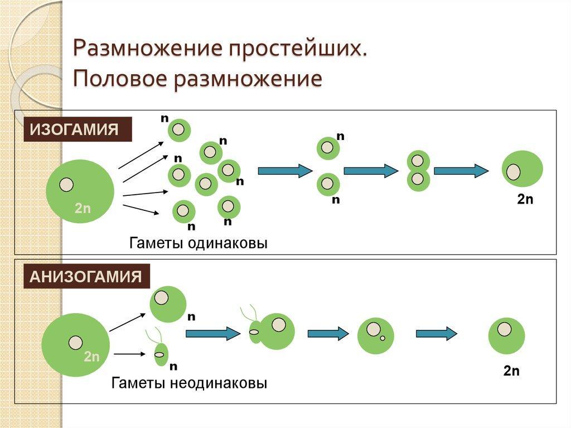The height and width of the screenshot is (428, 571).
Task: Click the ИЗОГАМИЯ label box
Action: (77, 130)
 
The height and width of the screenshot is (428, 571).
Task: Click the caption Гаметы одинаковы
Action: (199, 244)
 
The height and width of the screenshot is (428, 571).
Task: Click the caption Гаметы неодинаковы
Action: (189, 383)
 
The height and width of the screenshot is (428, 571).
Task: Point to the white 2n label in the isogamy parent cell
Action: (83, 209)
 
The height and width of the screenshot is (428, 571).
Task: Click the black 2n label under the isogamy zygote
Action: (525, 199)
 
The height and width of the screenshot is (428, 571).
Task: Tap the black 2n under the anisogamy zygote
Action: (511, 371)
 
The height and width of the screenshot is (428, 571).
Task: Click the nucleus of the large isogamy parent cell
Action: (66, 184)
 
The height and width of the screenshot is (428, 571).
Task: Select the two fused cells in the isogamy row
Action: (418, 171)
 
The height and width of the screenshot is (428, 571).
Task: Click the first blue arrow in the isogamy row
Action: (285, 171)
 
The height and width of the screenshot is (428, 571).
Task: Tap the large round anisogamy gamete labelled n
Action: (168, 304)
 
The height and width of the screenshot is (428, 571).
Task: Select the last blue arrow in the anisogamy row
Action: (436, 334)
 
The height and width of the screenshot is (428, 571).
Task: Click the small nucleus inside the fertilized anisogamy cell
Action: (383, 338)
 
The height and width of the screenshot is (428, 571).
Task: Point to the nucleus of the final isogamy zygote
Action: (514, 172)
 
